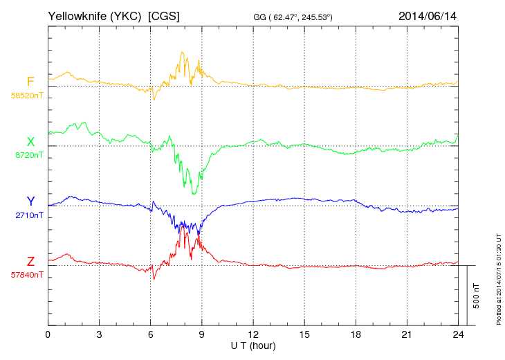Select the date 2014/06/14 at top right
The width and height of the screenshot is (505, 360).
[428, 15]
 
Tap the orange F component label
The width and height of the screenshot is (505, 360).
[30, 82]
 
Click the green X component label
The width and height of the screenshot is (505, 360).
[30, 142]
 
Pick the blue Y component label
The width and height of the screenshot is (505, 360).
[30, 201]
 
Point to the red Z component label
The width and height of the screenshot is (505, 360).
[30, 261]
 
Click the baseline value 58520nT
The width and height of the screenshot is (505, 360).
[27, 96]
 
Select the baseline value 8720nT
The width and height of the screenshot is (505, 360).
[29, 155]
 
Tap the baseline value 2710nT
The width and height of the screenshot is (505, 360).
[29, 215]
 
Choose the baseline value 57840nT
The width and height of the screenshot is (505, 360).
[27, 275]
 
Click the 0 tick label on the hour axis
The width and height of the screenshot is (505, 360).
[48, 334]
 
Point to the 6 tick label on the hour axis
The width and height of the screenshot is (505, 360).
[151, 334]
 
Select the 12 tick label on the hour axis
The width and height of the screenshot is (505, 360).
[253, 334]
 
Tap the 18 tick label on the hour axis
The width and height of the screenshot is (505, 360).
[356, 334]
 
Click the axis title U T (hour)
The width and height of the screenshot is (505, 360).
[253, 345]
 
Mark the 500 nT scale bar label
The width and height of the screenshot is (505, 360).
[477, 295]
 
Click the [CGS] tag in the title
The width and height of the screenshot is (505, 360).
[164, 15]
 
